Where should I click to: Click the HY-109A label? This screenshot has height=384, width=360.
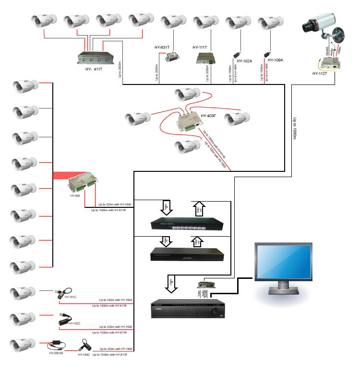pos(276,60)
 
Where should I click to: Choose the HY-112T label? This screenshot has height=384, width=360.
pos(321,73)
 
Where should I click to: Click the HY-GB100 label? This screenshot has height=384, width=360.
pos(56,353)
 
